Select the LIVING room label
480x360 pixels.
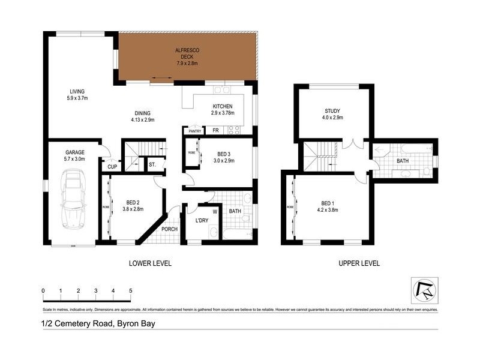77,91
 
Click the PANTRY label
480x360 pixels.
194,131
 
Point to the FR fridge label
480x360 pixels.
214,130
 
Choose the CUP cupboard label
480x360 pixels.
112,167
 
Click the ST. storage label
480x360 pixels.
152,164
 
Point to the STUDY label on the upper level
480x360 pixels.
332,110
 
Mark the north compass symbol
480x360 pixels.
424,291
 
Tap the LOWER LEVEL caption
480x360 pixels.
150,263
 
